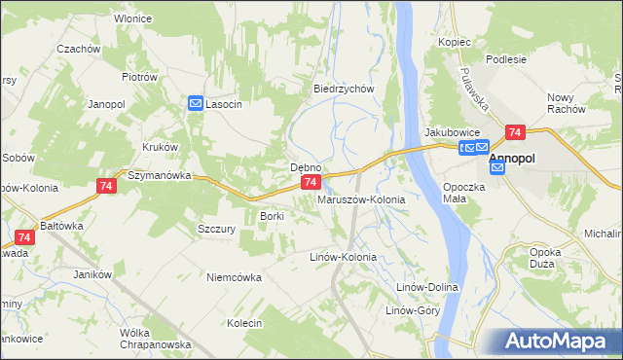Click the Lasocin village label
(224, 104)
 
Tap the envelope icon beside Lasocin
(196, 103)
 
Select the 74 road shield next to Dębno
(310, 182)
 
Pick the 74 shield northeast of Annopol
(515, 132)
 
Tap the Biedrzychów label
(344, 89)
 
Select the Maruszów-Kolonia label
(361, 199)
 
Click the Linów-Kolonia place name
(343, 258)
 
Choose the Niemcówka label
(234, 277)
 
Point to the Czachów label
(79, 49)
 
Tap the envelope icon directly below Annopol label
(497, 168)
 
